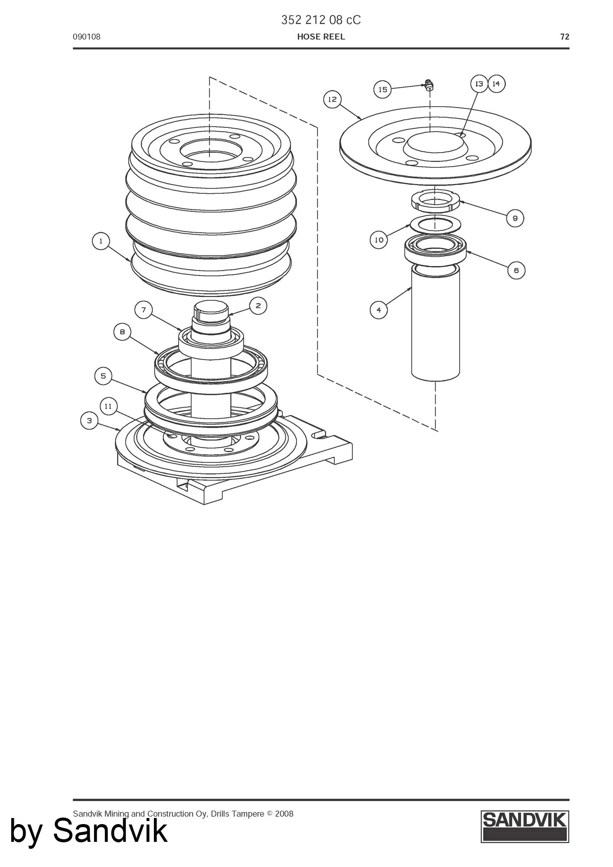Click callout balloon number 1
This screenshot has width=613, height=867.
click(x=101, y=241)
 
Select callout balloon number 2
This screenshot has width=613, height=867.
click(x=258, y=306)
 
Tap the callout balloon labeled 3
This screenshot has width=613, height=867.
click(x=89, y=420)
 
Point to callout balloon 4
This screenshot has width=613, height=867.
click(x=378, y=310)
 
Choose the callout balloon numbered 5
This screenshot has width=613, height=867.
click(x=103, y=376)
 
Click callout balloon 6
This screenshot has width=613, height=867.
click(x=516, y=271)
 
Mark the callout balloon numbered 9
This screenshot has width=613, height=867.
click(x=515, y=218)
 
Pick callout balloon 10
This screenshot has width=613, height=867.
click(x=379, y=240)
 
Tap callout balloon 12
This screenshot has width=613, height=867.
click(x=332, y=100)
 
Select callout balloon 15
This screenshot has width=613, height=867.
click(x=382, y=90)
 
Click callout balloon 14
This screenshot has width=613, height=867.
click(x=496, y=84)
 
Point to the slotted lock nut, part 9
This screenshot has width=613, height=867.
click(x=436, y=201)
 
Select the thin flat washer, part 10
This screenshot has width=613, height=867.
click(x=436, y=225)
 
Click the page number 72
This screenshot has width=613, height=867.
click(x=564, y=37)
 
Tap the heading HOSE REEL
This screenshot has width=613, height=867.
click(x=321, y=37)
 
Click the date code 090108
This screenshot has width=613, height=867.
click(x=86, y=37)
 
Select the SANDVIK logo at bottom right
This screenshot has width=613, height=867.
click(x=525, y=827)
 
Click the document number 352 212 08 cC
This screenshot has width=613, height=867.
click(x=321, y=20)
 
